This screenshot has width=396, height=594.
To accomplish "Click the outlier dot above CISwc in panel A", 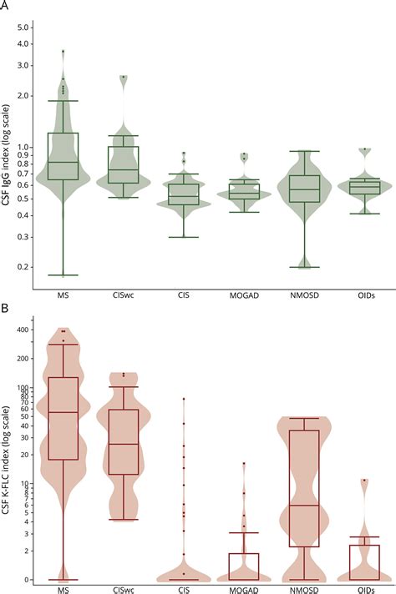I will (x=124, y=77).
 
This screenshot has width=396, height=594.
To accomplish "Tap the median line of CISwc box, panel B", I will (x=124, y=444).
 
